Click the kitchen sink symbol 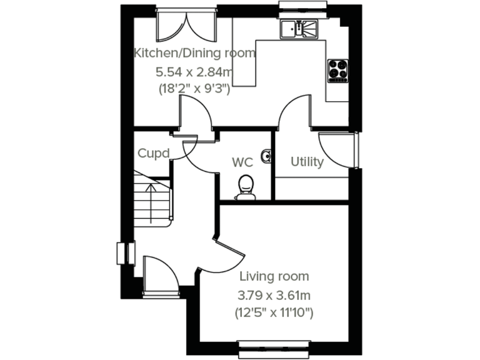[x=299, y=28]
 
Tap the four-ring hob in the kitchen [x=338, y=70]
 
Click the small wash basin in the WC [x=267, y=156]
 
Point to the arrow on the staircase [x=149, y=187]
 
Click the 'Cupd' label [x=153, y=153]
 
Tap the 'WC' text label [x=242, y=162]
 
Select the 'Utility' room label [x=307, y=162]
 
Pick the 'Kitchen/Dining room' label [x=195, y=53]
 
